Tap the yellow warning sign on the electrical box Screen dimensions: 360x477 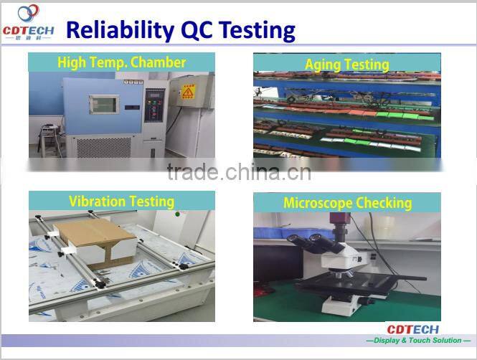tap(188, 91)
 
